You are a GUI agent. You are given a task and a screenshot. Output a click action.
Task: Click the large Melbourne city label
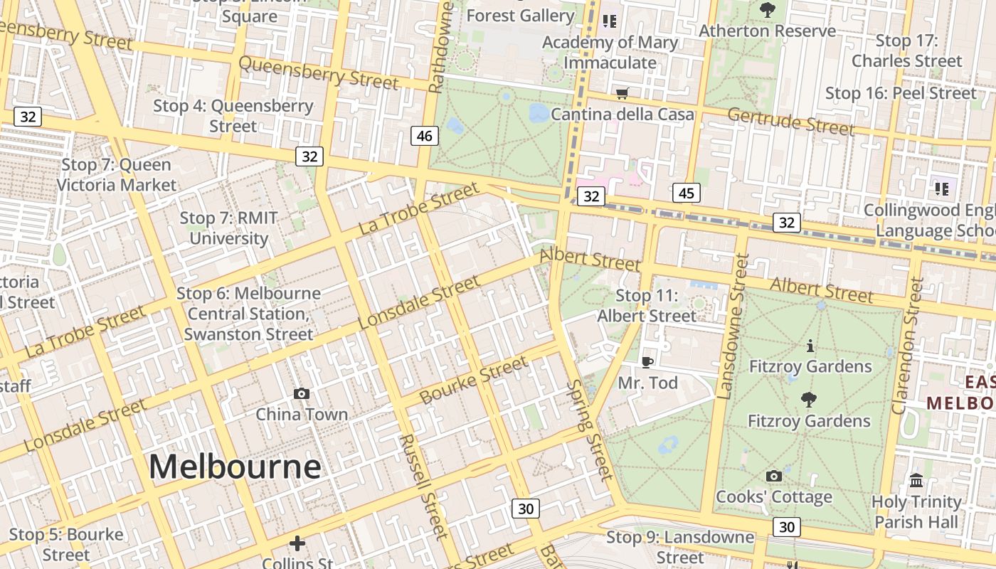(235, 467)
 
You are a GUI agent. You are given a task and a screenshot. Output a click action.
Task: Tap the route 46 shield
(425, 136)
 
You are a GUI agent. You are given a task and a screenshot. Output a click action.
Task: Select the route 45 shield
(686, 193)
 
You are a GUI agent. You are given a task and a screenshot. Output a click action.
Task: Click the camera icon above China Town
(302, 393)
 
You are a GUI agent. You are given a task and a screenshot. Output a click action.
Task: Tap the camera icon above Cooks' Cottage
(774, 476)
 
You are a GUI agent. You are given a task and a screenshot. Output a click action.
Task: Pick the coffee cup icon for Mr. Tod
(647, 362)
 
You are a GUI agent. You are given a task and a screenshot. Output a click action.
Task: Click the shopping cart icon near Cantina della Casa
(622, 93)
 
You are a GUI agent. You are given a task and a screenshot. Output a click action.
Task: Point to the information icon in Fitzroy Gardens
(810, 346)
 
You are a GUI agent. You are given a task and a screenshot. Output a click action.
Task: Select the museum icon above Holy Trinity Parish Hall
(916, 480)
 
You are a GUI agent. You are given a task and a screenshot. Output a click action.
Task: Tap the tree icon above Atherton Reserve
(767, 10)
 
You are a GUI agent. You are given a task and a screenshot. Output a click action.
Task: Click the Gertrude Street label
(790, 122)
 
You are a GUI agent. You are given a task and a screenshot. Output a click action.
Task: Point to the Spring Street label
(589, 430)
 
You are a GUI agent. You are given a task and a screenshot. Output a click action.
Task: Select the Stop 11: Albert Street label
(647, 306)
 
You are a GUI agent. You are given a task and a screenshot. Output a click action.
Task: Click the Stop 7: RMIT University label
(228, 228)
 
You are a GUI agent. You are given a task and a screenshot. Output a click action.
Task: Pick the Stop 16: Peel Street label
(901, 93)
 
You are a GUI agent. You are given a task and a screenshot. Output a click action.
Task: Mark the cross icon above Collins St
(297, 543)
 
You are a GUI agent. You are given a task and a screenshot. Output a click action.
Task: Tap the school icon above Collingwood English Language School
(942, 188)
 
